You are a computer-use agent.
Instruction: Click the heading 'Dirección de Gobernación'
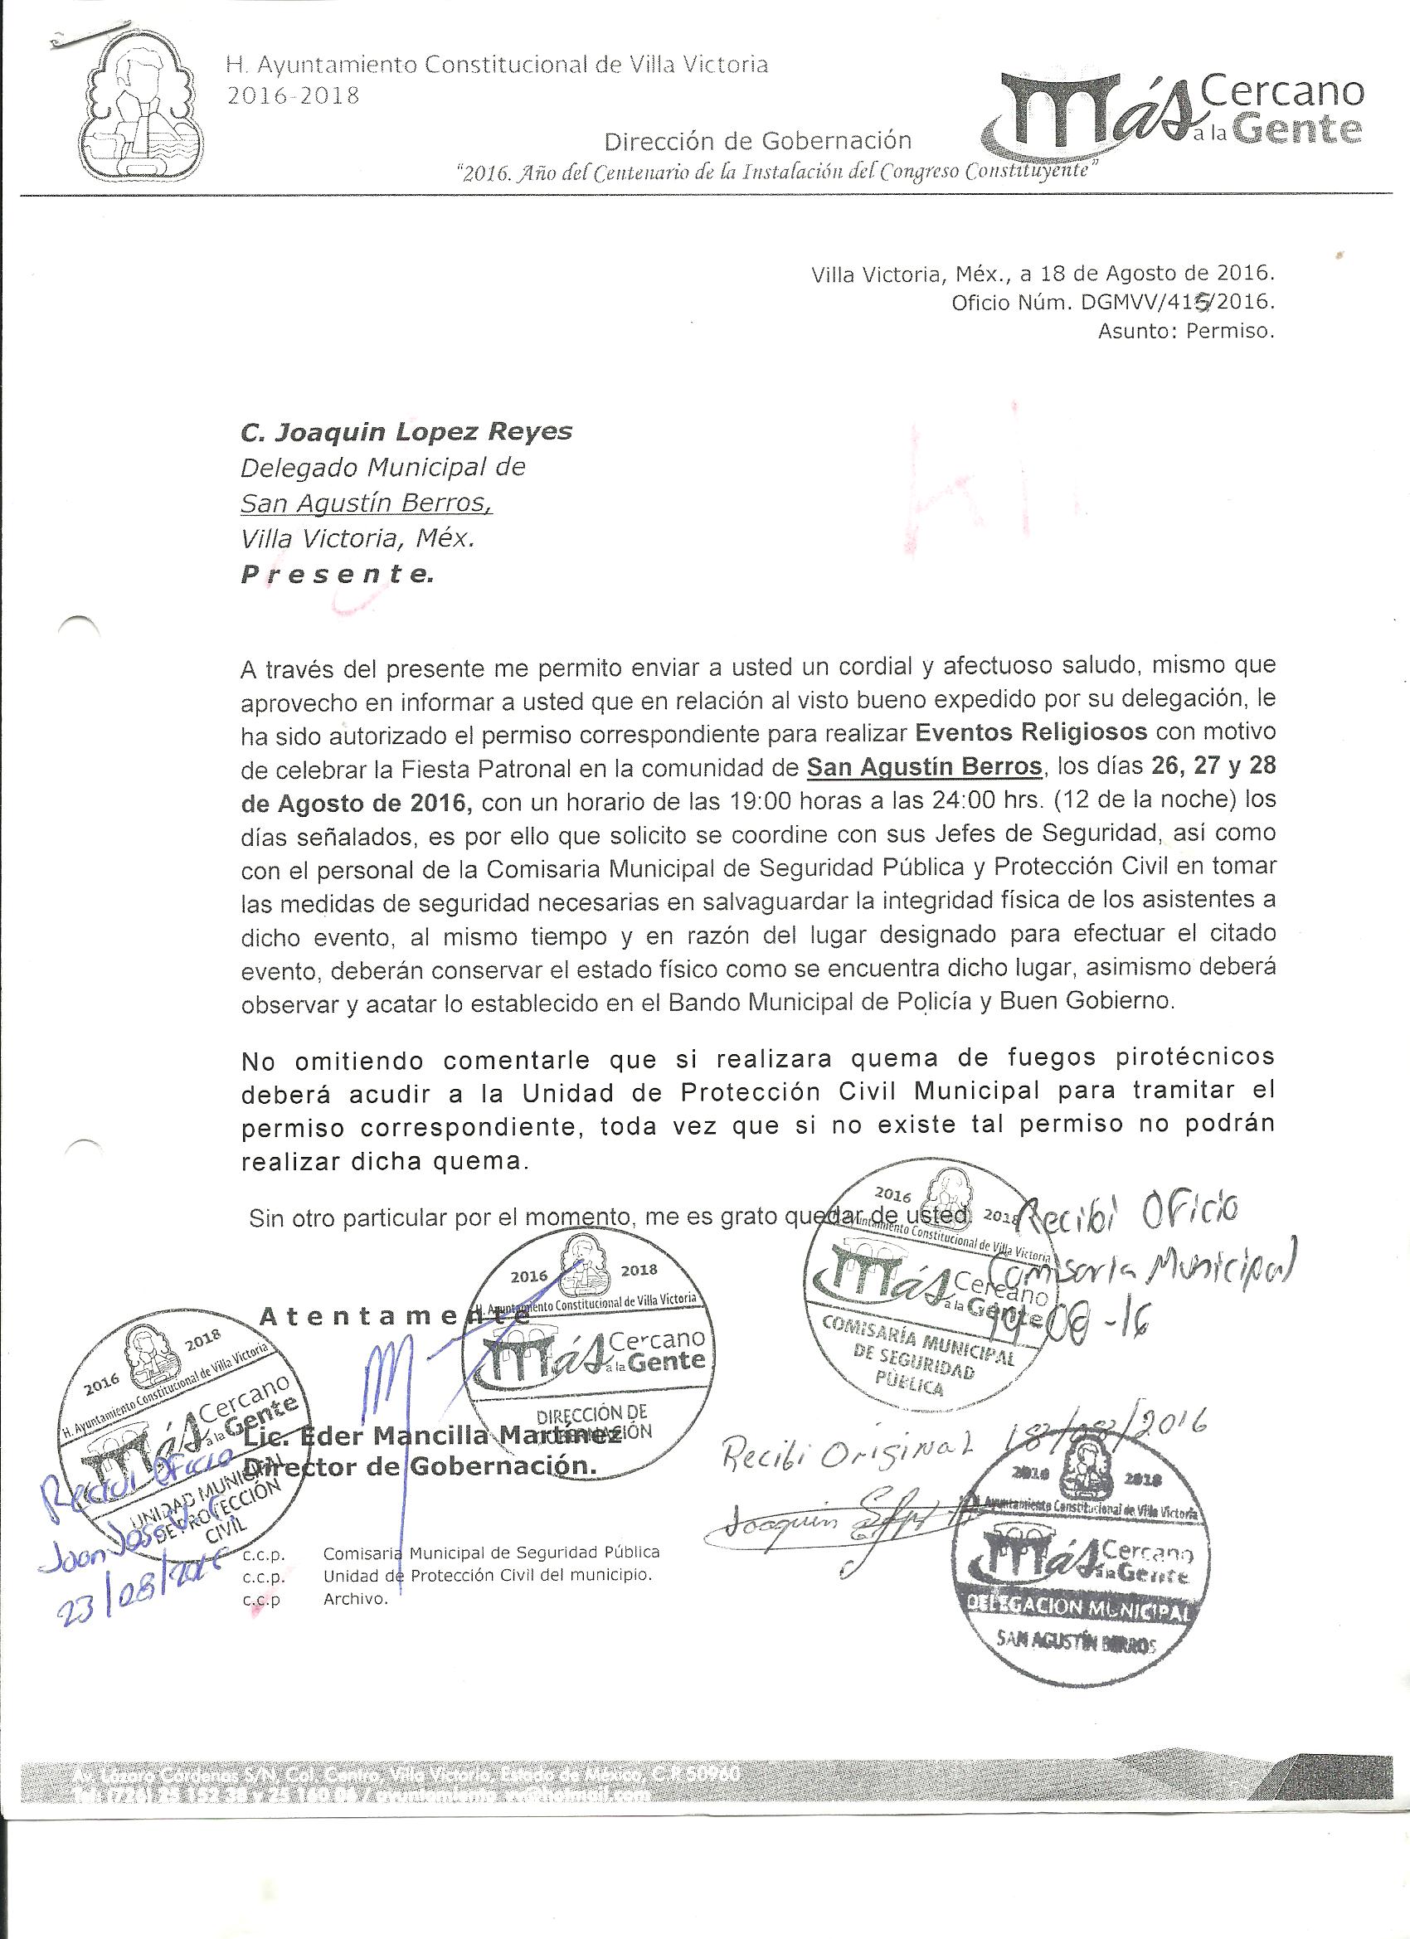(757, 140)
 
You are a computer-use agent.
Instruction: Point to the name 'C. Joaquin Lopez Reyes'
(406, 432)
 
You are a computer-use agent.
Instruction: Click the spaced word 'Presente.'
(337, 575)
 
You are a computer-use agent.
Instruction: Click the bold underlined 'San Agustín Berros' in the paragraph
(925, 767)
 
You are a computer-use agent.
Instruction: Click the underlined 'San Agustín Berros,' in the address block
(366, 503)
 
